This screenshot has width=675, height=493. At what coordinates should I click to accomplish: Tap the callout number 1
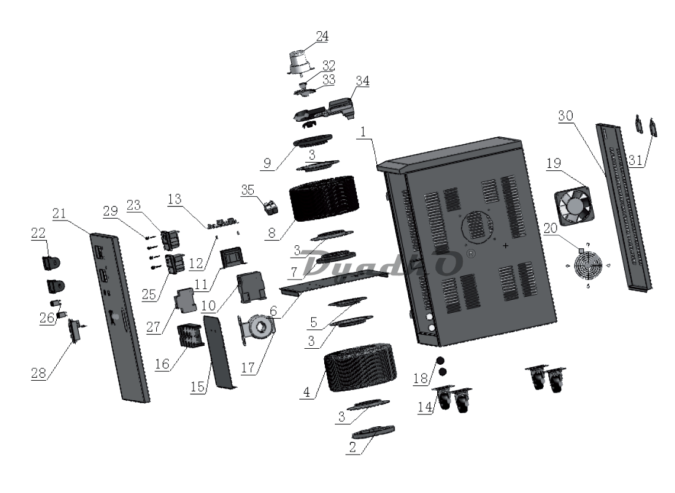pos(361,134)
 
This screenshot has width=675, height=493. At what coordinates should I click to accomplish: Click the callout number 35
pos(249,190)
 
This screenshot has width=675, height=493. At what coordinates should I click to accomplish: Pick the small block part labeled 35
pos(270,207)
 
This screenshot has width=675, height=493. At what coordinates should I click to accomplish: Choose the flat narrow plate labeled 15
pos(219,352)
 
